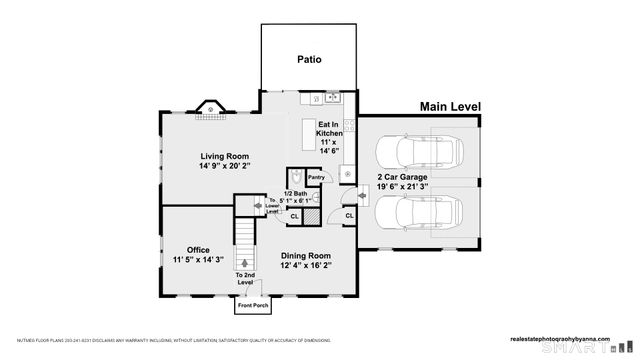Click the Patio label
309,59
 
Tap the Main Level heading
450,106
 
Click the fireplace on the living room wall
211,107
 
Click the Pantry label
317,177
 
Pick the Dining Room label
305,256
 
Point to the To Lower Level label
272,206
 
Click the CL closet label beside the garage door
349,215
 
